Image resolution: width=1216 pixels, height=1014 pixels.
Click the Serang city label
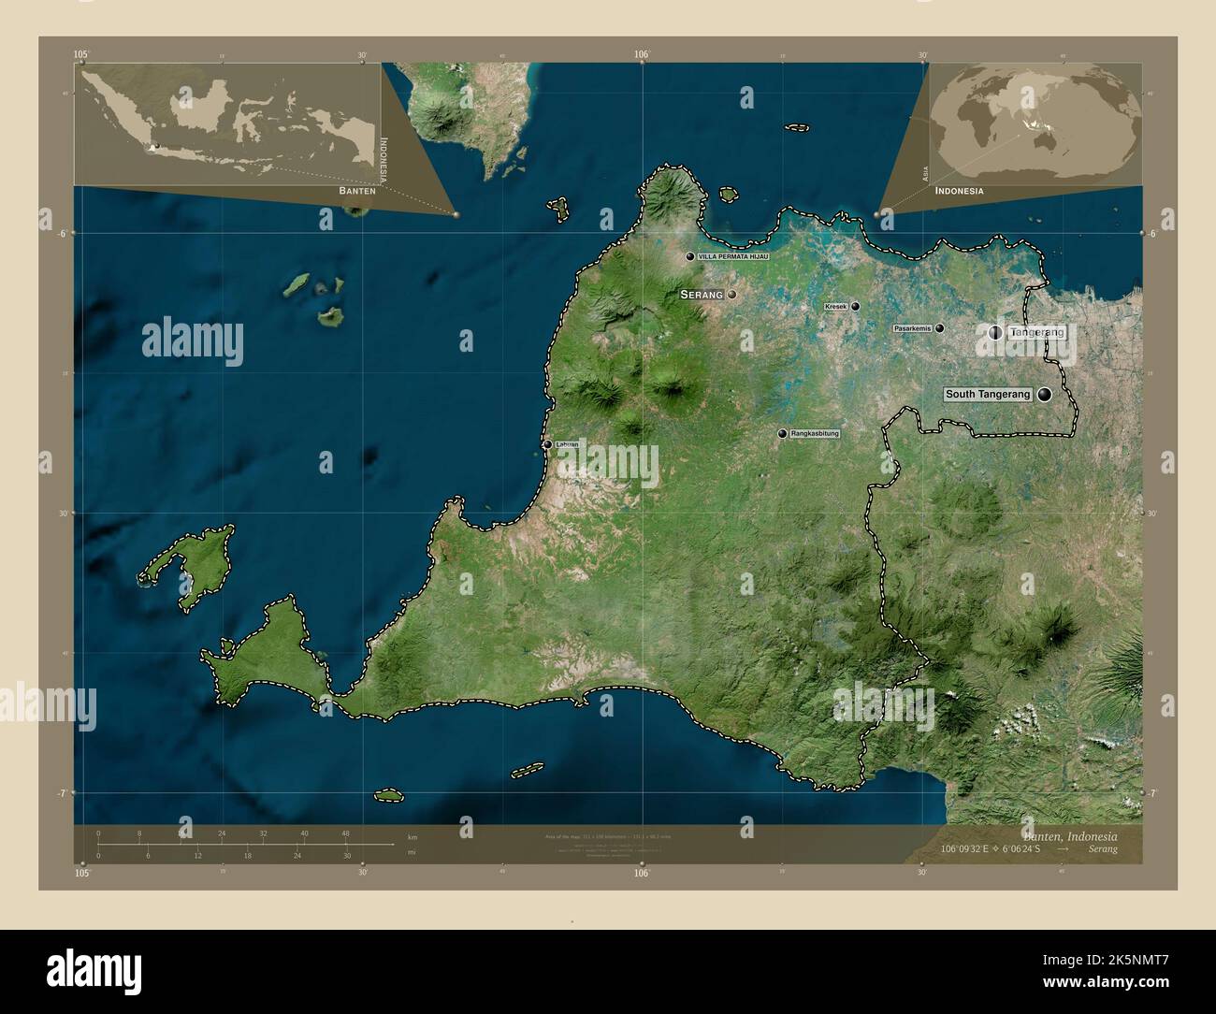tap(702, 295)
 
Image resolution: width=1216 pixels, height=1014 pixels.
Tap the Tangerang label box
tap(1037, 332)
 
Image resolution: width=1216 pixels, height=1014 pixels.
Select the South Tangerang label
tap(988, 395)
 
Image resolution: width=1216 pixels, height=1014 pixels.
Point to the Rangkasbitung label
tap(815, 434)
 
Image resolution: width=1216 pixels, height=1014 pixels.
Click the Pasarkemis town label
tap(913, 328)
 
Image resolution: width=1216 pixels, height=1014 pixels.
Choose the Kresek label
tap(835, 307)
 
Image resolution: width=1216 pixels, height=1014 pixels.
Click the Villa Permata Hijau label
tap(733, 256)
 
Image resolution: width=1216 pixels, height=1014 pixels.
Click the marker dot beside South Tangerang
tap(1044, 395)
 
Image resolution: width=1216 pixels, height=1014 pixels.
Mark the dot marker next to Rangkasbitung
tap(782, 434)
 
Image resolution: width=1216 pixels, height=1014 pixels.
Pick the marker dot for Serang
tap(732, 295)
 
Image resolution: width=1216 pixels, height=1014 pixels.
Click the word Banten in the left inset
tap(357, 190)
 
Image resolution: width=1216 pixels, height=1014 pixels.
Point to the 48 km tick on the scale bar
tap(345, 834)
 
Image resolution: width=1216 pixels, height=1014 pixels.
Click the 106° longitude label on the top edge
tap(642, 55)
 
